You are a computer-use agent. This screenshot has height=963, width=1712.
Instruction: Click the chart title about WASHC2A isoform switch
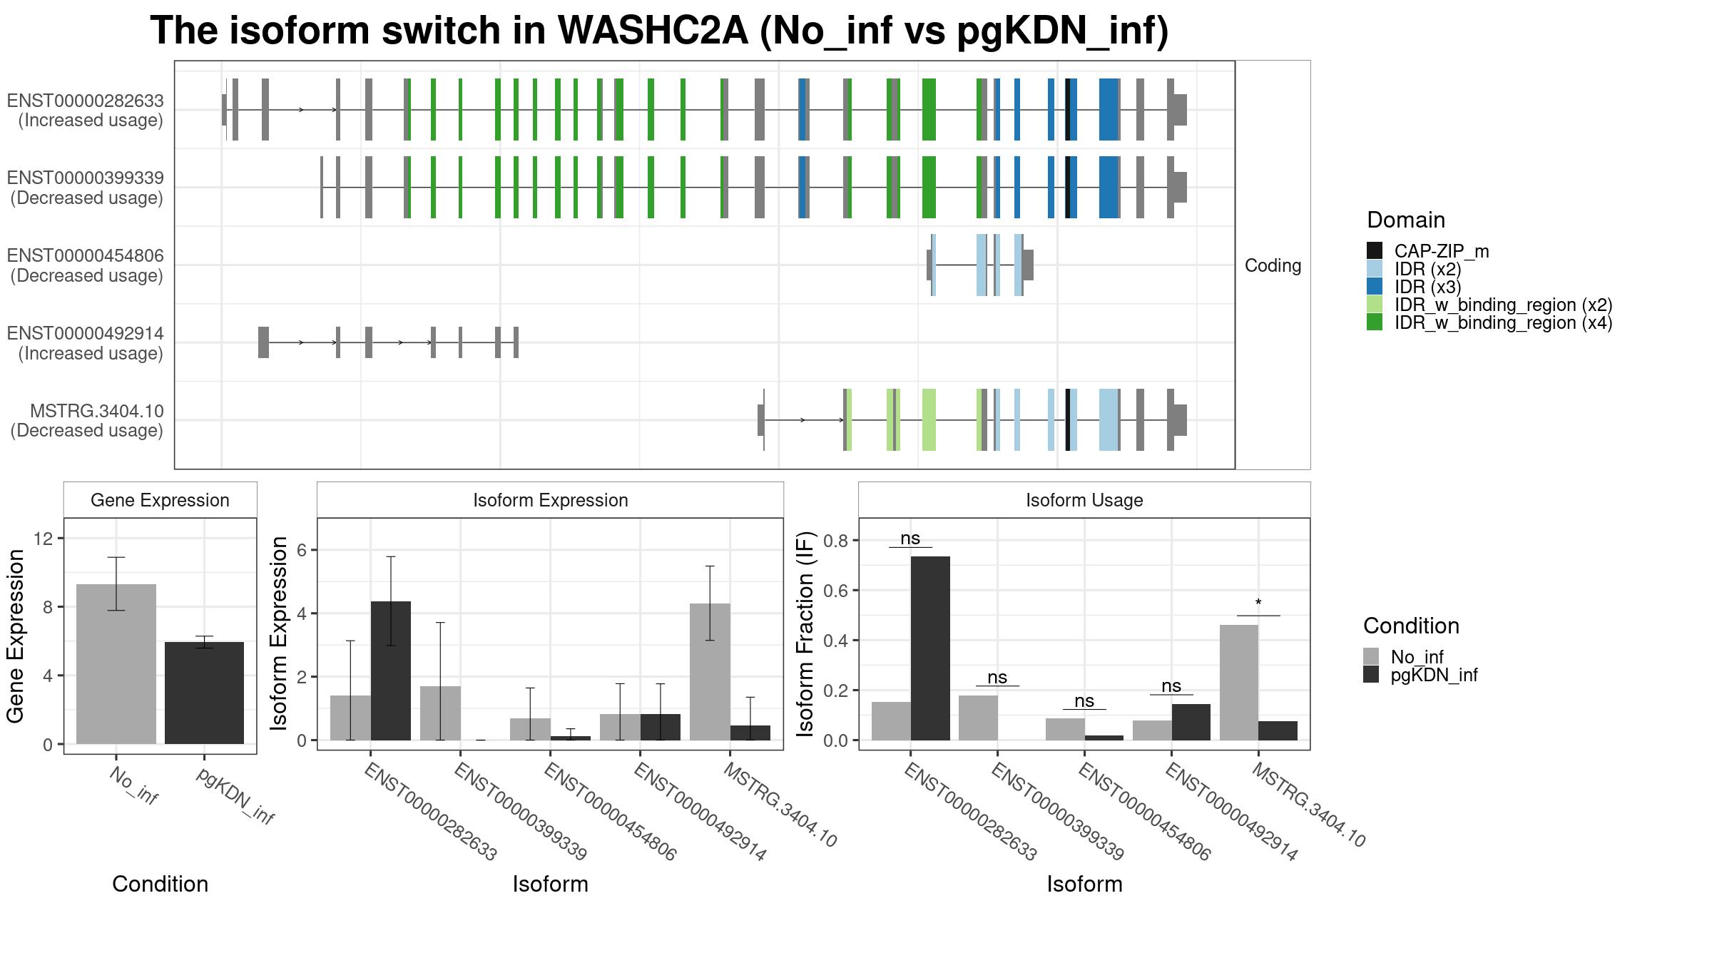(x=659, y=31)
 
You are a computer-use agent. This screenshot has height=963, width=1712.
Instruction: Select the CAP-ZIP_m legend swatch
(x=1375, y=250)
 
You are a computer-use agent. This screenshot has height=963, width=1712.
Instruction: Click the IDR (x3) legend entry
(x=1427, y=287)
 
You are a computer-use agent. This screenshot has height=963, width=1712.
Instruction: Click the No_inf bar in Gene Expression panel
(x=116, y=664)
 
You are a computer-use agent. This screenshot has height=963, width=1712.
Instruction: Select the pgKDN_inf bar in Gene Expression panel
(x=204, y=693)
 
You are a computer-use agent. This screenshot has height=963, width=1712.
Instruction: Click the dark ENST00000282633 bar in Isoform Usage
(x=930, y=648)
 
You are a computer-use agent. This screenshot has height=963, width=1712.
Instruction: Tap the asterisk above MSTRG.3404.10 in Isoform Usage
(x=1258, y=603)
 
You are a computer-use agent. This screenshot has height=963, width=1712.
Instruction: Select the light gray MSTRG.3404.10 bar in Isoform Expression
(x=710, y=672)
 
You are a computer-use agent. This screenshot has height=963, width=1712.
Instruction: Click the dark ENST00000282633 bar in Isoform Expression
(x=390, y=671)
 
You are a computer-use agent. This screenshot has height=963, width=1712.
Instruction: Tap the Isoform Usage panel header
(x=1084, y=500)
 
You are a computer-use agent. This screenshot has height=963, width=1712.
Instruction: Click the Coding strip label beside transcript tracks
(x=1273, y=265)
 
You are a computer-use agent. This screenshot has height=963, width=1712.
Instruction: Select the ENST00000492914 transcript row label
(x=86, y=343)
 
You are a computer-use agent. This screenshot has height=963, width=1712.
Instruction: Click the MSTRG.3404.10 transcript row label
(x=87, y=421)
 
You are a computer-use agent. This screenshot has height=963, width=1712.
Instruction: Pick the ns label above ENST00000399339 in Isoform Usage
(x=997, y=677)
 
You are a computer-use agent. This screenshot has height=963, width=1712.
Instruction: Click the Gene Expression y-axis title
(x=16, y=636)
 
